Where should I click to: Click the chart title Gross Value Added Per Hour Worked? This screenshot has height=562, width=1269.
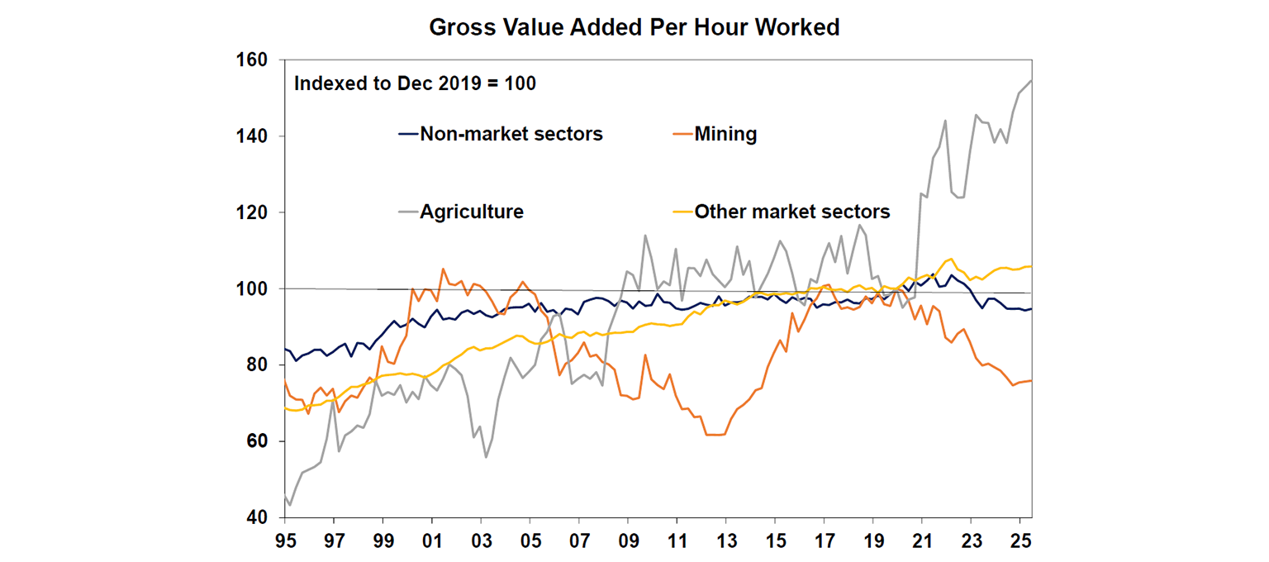pyautogui.click(x=634, y=27)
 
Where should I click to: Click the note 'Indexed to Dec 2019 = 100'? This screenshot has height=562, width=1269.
pyautogui.click(x=416, y=84)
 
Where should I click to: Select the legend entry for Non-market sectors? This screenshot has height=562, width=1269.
pyautogui.click(x=511, y=134)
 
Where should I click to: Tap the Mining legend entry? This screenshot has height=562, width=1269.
pyautogui.click(x=725, y=134)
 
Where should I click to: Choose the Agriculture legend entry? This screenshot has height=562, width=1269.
pyautogui.click(x=471, y=212)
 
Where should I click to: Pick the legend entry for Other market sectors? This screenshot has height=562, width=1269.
pyautogui.click(x=791, y=212)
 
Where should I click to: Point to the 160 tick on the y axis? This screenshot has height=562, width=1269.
pyautogui.click(x=253, y=60)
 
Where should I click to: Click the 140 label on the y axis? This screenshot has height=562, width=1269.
pyautogui.click(x=253, y=136)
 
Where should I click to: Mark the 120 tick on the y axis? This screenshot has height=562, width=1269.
pyautogui.click(x=253, y=212)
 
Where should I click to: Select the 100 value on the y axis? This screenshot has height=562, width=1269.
pyautogui.click(x=253, y=289)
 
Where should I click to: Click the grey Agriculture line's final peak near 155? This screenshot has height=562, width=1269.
pyautogui.click(x=1031, y=80)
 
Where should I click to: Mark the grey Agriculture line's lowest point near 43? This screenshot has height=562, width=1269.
pyautogui.click(x=290, y=505)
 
